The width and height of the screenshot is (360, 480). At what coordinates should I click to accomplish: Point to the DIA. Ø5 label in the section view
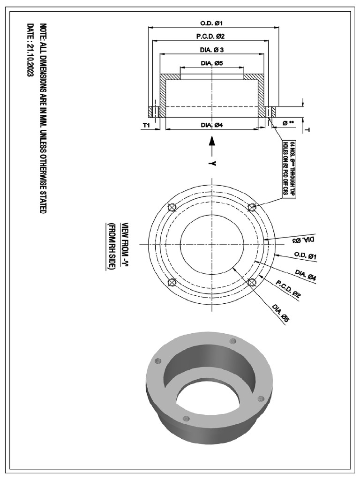[x=211, y=63]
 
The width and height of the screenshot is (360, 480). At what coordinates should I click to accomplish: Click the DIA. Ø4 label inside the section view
[x=211, y=125]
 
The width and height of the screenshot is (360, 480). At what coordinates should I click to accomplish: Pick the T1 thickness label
[x=146, y=125]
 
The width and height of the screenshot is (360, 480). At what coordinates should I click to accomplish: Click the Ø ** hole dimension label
[x=288, y=123]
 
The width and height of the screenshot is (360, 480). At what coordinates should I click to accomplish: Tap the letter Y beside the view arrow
[x=212, y=163]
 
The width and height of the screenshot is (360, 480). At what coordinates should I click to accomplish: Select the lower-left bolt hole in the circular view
[x=172, y=282]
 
